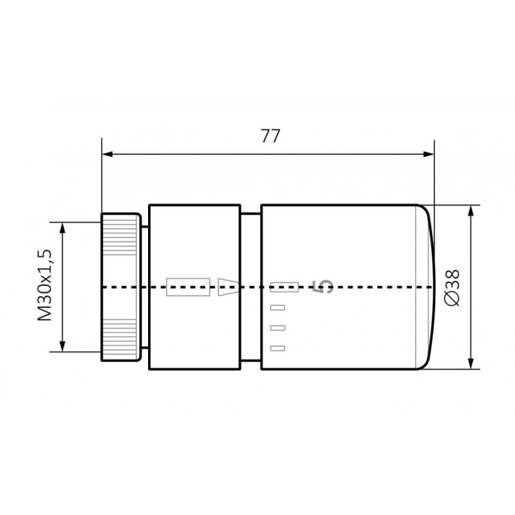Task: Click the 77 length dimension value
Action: [x=268, y=136]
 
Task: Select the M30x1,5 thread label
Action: [x=45, y=286]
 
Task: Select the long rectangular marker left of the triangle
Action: [x=188, y=287]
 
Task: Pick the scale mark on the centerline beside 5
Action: [x=284, y=286]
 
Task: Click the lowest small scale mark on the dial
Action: [x=277, y=348]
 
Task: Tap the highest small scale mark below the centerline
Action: [x=277, y=307]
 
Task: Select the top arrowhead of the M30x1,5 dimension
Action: [x=62, y=227]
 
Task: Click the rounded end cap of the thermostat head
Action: [x=426, y=287]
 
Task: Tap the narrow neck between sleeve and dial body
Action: [x=251, y=287]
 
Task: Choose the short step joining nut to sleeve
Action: [x=145, y=287]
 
